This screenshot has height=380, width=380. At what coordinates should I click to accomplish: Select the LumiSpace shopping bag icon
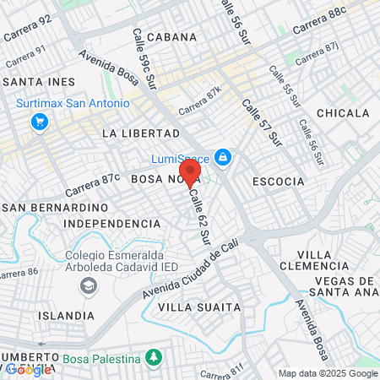click(223, 156)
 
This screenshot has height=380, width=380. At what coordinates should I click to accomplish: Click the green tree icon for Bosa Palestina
click(153, 359)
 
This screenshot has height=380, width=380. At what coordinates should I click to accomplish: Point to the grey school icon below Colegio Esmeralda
click(87, 287)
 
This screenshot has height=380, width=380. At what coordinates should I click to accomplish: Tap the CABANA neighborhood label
click(171, 37)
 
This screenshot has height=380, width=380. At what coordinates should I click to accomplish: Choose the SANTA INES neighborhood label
click(39, 82)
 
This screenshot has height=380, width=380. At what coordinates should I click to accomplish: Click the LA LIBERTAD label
click(140, 133)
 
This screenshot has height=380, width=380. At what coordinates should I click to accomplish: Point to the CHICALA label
click(343, 113)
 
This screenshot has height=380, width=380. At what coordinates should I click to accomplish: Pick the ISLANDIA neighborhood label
click(66, 315)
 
